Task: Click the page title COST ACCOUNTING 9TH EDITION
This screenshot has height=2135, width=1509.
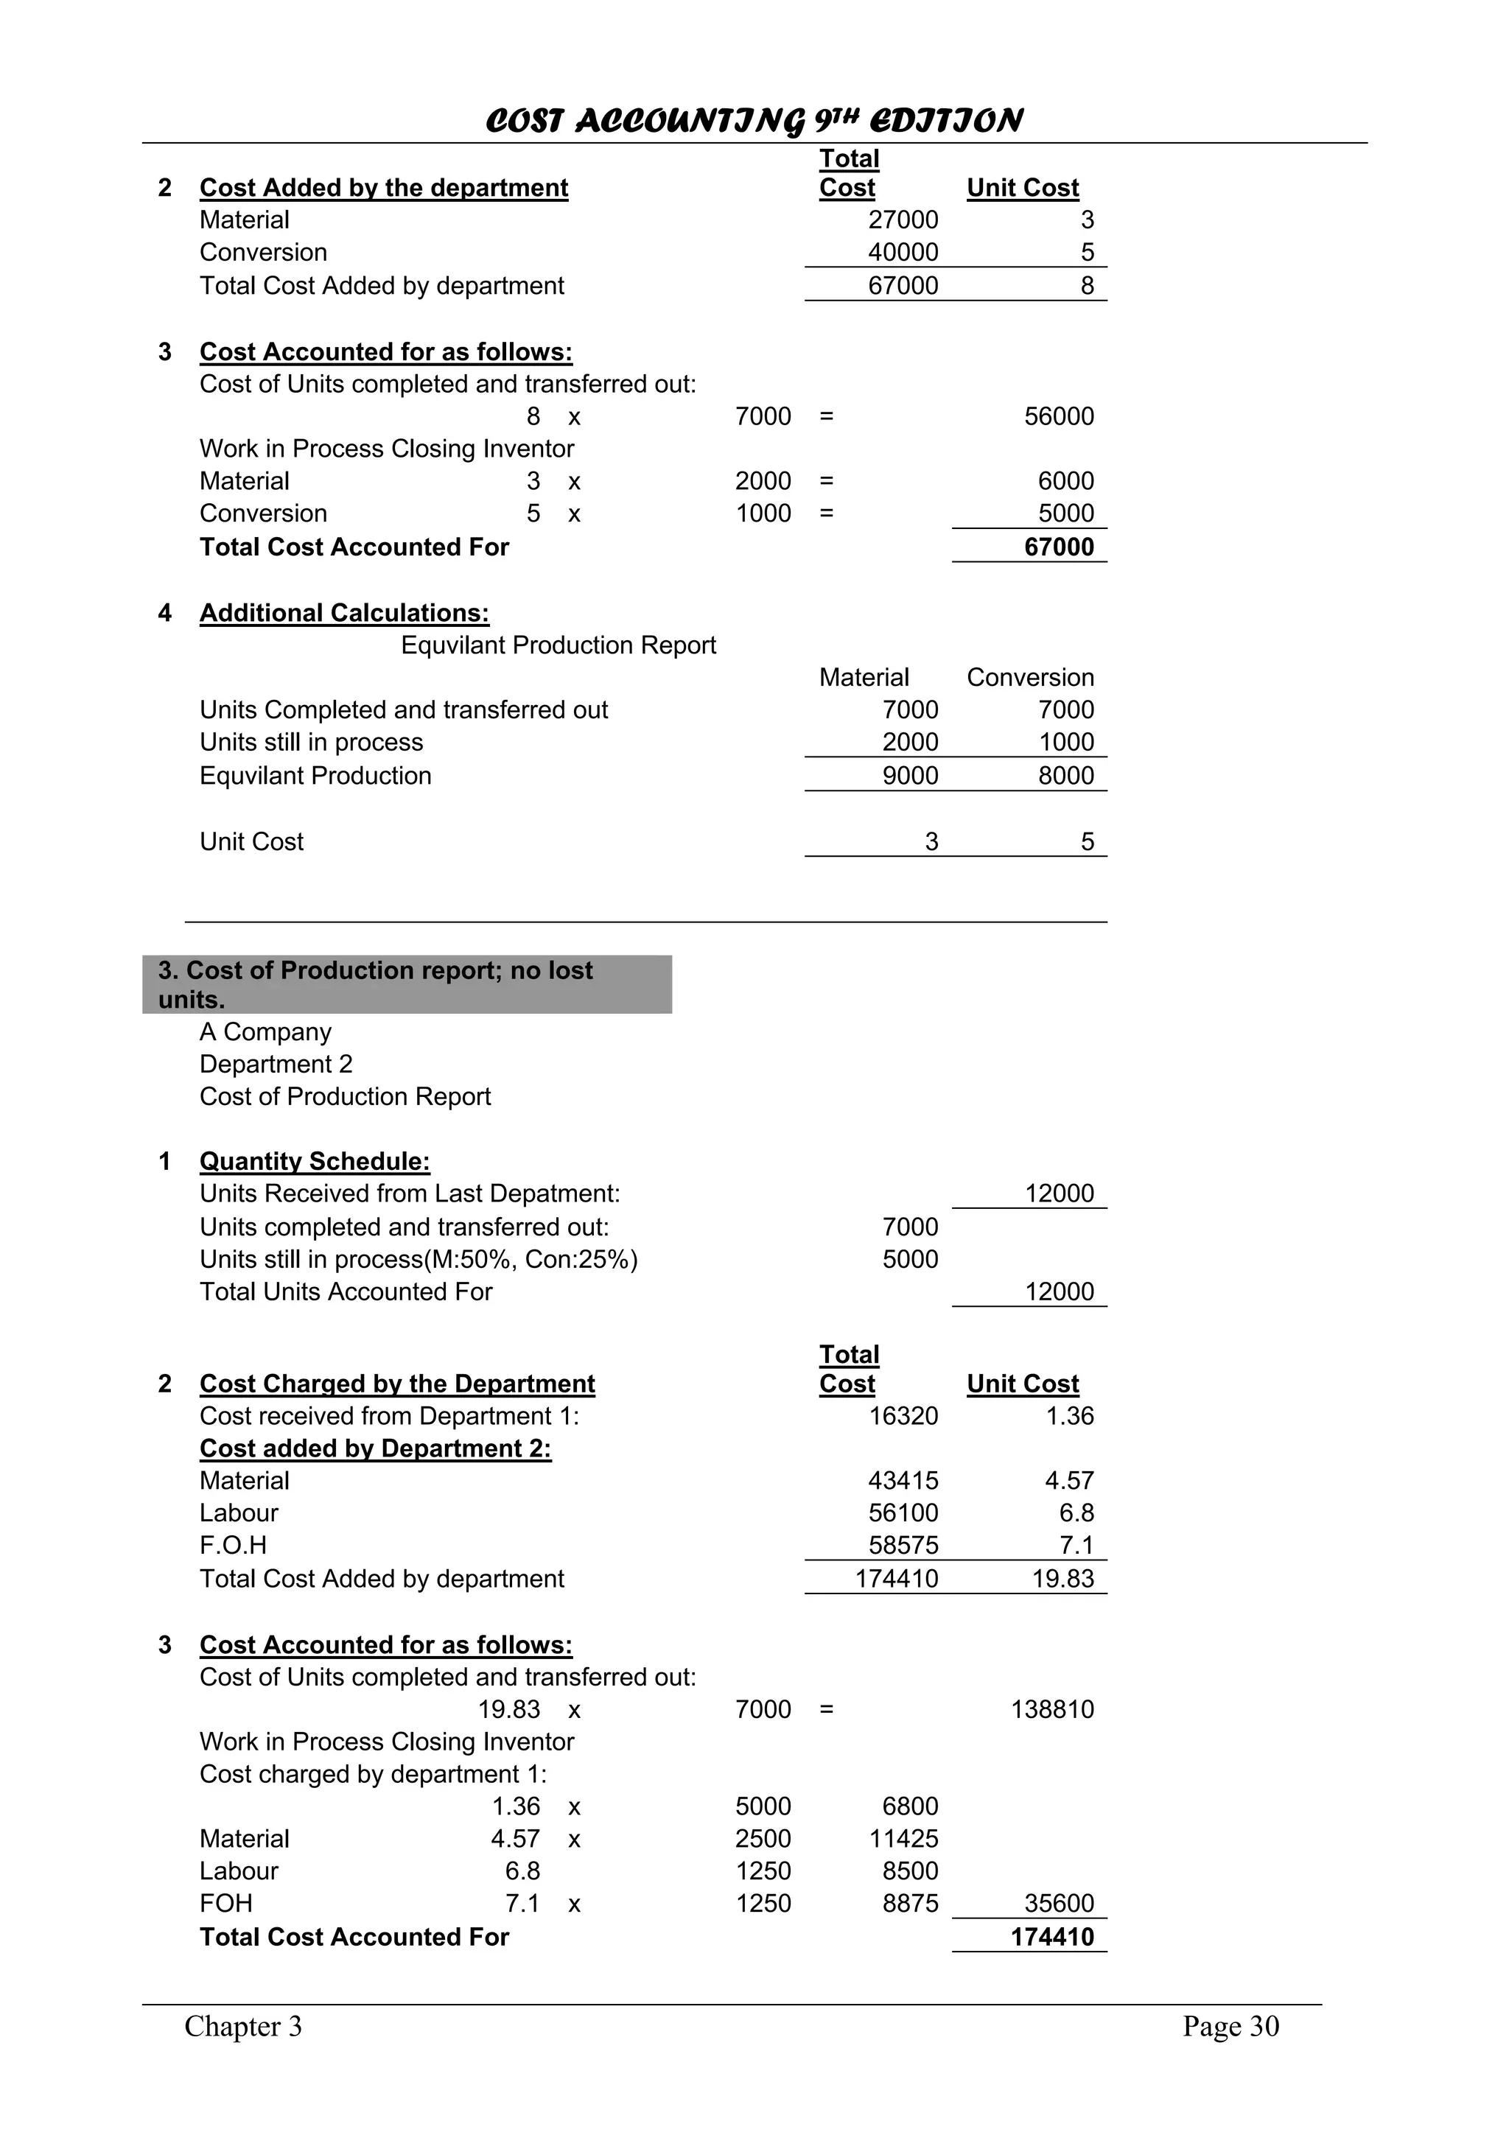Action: tap(754, 121)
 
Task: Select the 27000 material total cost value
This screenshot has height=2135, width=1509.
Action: tap(903, 220)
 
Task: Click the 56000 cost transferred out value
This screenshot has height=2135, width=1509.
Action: tap(1059, 416)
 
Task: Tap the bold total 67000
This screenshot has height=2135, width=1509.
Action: tap(1059, 547)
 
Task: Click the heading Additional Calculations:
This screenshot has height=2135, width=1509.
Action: tap(344, 613)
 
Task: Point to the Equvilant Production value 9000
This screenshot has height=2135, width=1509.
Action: tap(910, 776)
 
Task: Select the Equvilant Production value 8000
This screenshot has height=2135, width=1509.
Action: tap(1065, 776)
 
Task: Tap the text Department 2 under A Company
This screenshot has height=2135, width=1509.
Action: tap(276, 1064)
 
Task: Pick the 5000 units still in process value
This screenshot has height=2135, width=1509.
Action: tap(910, 1259)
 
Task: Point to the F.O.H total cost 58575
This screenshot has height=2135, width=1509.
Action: tap(903, 1546)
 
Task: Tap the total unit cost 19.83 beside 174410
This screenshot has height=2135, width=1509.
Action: tap(1062, 1579)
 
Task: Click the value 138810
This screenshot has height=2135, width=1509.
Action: tap(1052, 1709)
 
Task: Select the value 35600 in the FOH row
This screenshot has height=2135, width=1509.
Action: tap(1059, 1904)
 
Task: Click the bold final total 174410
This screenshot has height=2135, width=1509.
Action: tap(1052, 1937)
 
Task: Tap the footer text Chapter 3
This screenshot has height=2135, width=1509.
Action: tap(244, 2027)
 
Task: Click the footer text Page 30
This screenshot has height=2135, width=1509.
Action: tap(1230, 2027)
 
